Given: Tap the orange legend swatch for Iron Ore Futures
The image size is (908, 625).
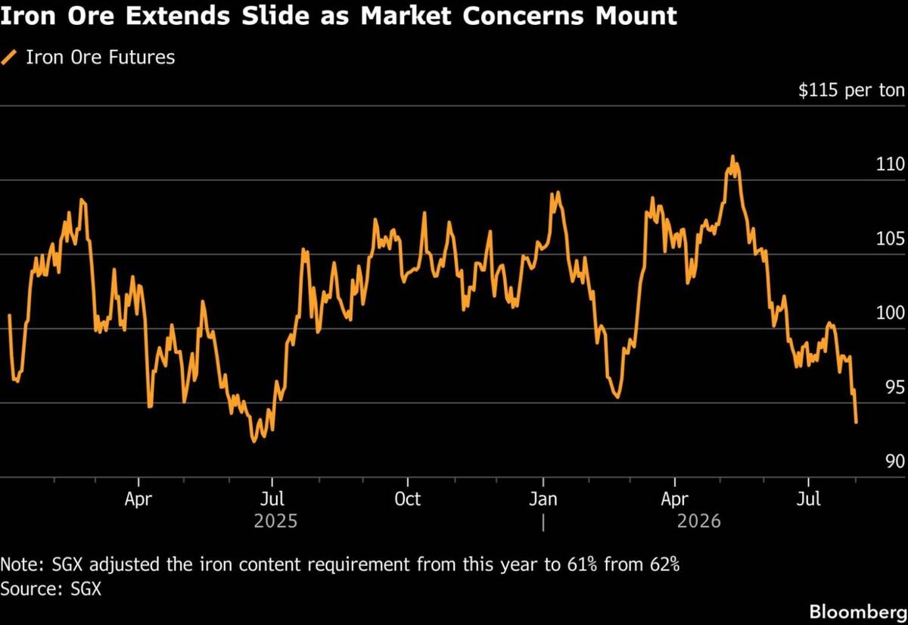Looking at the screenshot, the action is click(9, 58).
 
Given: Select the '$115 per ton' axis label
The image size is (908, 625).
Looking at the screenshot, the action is click(851, 90).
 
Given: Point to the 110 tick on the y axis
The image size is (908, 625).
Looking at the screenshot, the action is click(890, 164).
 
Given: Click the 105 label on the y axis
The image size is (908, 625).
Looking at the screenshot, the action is click(890, 239).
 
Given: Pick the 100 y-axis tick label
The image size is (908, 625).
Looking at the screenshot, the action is click(890, 313).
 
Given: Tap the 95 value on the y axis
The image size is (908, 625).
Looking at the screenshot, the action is click(895, 388).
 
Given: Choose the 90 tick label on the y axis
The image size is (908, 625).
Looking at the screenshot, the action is click(895, 462).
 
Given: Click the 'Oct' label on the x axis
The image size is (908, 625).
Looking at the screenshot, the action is click(407, 499).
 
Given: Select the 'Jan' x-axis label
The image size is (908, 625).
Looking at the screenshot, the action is click(543, 499).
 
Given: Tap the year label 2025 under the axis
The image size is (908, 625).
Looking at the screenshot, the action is click(275, 521).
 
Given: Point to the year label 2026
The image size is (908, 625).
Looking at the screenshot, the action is click(699, 521).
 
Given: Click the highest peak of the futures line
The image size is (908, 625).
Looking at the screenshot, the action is click(732, 156).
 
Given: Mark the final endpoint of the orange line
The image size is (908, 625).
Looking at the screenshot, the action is click(856, 423).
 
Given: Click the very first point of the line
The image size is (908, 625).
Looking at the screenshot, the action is click(9, 315).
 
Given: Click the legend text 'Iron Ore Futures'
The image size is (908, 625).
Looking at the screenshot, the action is click(101, 58).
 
